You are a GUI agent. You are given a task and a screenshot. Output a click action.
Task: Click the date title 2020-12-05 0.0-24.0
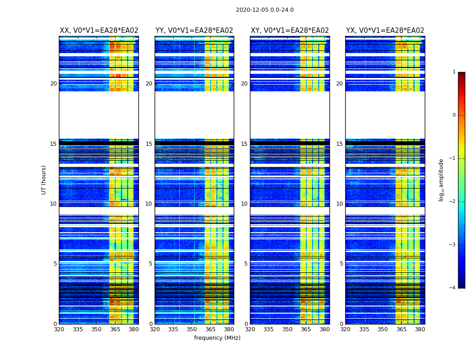click(x=265, y=10)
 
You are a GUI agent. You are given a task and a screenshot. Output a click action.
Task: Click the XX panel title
click(x=99, y=31)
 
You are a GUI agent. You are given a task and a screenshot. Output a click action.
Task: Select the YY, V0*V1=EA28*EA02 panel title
click(x=194, y=31)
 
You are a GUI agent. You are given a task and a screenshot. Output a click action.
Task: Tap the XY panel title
click(x=289, y=31)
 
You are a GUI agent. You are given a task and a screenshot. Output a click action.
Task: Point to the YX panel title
click(x=385, y=31)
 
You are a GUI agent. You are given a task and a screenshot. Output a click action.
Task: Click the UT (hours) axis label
click(x=44, y=180)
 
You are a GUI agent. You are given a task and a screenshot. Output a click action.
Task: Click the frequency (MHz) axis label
click(x=217, y=338)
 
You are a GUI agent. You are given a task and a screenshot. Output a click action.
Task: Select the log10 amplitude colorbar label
click(x=441, y=180)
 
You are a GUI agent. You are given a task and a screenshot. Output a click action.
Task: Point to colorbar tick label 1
click(x=454, y=72)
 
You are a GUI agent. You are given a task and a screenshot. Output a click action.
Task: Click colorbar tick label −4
click(x=453, y=288)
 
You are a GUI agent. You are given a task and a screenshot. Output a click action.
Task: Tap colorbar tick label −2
click(x=453, y=202)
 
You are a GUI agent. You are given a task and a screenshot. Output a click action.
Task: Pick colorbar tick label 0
click(x=454, y=115)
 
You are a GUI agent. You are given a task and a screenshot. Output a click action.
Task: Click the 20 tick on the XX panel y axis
click(x=53, y=84)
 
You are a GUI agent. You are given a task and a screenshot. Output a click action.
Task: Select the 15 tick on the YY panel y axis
click(x=149, y=144)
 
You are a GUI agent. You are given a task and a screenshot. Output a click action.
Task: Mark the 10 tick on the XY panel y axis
click(x=244, y=204)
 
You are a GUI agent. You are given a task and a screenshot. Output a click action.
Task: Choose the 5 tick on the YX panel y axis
click(x=341, y=264)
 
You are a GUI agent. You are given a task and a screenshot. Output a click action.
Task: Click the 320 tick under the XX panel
click(x=59, y=329)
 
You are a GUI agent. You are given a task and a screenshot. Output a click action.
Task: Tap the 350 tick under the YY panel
click(x=192, y=329)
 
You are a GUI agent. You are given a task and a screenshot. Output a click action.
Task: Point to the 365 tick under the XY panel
click(x=306, y=329)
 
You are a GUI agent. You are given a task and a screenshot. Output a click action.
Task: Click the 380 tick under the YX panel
click(x=420, y=329)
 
